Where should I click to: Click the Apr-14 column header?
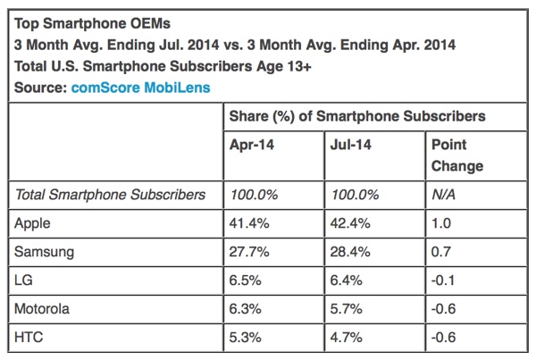(x=252, y=144)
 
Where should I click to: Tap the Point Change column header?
(x=456, y=155)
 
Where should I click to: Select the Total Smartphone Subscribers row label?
(x=104, y=194)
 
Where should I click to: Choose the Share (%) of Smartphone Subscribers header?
(x=357, y=116)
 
